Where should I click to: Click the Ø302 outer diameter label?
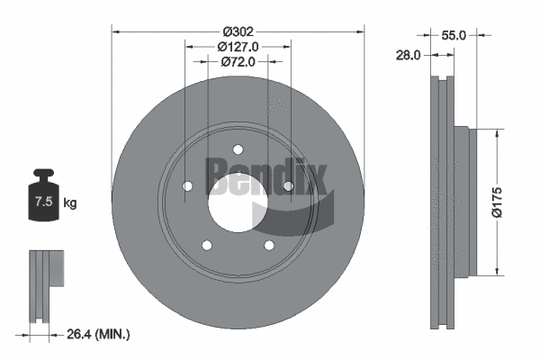(x=238, y=30)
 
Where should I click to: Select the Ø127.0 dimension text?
(x=238, y=46)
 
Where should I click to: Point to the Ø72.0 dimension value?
(x=238, y=62)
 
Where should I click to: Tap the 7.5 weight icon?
(x=41, y=202)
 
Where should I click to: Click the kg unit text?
(x=69, y=203)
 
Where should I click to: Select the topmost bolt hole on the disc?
(x=238, y=149)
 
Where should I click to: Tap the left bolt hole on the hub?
(x=187, y=186)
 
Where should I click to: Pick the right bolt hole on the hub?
(x=288, y=186)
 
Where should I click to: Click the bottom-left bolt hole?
(x=207, y=245)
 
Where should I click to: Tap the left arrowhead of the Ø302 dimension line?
(x=115, y=30)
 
